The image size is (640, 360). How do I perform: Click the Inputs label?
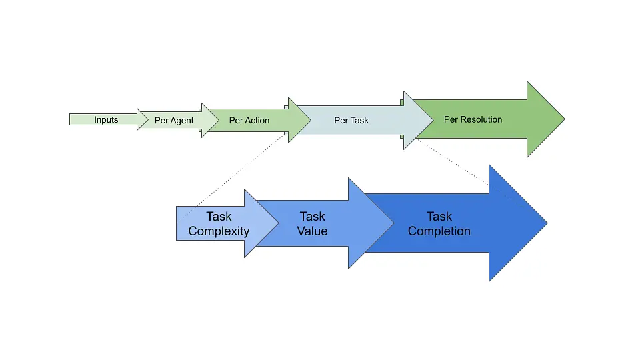click(106, 120)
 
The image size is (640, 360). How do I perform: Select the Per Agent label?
click(174, 121)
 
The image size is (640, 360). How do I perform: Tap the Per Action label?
click(249, 121)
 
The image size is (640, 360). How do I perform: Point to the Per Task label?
click(351, 121)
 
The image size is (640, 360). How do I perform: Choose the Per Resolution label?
click(473, 120)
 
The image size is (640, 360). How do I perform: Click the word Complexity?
click(219, 231)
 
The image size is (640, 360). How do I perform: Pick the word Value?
click(313, 231)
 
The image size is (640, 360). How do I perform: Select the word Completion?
click(439, 231)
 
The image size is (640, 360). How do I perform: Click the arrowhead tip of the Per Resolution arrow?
click(564, 120)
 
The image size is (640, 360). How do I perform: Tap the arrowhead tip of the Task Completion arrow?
click(547, 223)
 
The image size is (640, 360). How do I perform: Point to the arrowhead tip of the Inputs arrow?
click(153, 120)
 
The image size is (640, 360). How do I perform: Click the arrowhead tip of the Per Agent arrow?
click(219, 120)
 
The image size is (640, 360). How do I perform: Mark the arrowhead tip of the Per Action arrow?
click(311, 120)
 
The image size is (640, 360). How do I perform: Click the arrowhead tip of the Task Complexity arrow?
click(279, 223)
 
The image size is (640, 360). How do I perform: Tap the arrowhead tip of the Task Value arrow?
click(393, 223)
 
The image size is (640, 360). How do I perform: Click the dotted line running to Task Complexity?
click(230, 178)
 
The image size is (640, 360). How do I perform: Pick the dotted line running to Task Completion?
click(453, 161)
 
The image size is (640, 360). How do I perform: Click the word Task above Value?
click(313, 217)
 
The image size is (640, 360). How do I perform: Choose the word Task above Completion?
click(439, 217)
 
